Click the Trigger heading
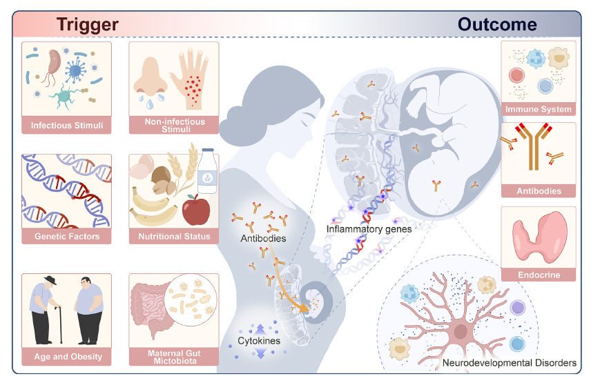point(88,25)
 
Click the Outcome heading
point(497,25)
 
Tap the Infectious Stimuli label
point(67,126)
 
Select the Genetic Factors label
point(67,237)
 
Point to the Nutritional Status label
point(174,237)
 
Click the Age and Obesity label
point(68,357)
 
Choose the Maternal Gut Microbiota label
point(174,357)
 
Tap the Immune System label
point(539,109)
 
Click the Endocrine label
point(539,275)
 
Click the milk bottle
point(206,172)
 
